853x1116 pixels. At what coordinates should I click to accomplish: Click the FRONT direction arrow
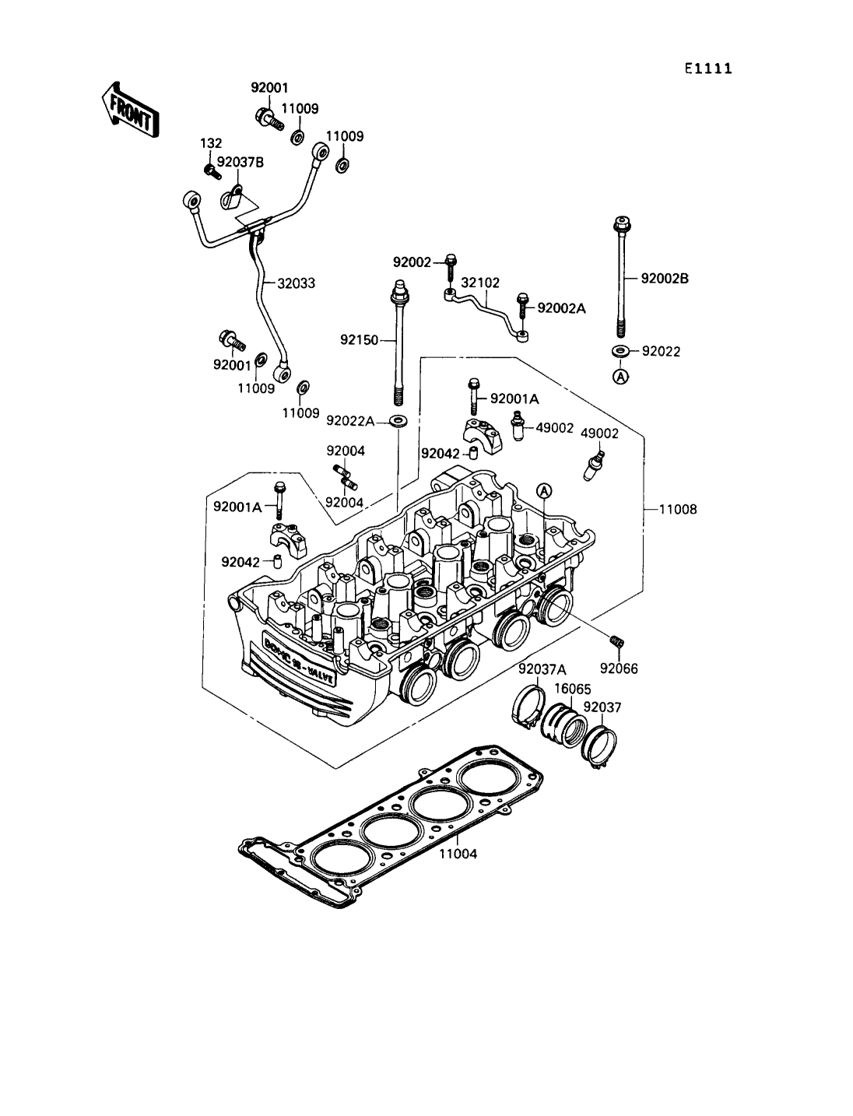coord(129,111)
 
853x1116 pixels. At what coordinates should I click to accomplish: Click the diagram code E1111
coord(708,68)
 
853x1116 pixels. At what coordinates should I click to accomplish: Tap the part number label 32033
coord(296,283)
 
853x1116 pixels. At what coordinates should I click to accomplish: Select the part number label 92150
coord(360,339)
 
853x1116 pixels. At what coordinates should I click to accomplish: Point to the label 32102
coord(480,283)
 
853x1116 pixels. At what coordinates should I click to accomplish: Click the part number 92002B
coord(665,279)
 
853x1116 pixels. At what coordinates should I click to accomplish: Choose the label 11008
coord(678,509)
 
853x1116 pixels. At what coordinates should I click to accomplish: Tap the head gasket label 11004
coord(458,854)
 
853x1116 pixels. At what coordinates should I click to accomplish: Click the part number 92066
coord(619,669)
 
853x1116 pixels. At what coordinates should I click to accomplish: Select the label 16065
coord(572,689)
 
